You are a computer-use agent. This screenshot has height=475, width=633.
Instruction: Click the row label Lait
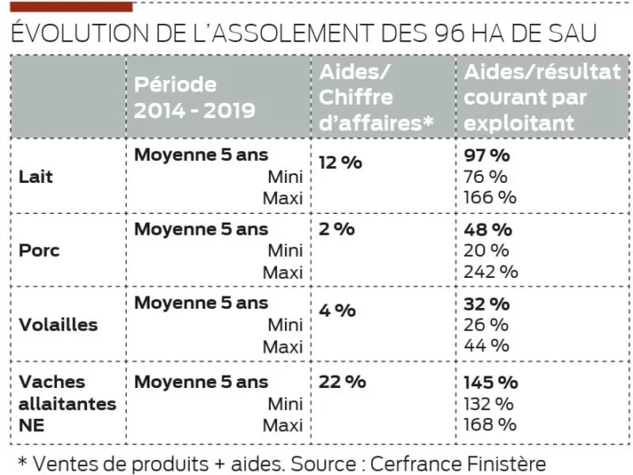36,177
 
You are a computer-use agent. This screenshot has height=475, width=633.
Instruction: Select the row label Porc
39,251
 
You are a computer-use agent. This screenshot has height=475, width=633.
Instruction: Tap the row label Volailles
58,325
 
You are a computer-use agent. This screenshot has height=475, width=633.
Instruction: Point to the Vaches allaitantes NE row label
67,404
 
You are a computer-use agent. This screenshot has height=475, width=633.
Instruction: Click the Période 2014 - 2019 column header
195,97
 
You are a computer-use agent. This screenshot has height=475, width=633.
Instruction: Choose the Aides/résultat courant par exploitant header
542,97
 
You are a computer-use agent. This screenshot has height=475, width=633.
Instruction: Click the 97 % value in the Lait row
487,156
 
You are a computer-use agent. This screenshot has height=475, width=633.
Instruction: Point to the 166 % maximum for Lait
491,197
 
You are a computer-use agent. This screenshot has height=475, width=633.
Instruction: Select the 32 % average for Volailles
486,304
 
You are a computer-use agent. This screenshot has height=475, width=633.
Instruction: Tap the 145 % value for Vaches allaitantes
491,383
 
